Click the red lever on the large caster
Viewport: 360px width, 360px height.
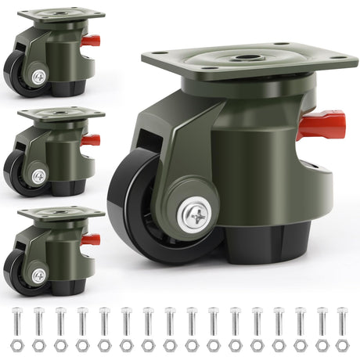[x=322, y=124]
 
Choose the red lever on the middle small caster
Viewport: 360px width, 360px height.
[x=91, y=140]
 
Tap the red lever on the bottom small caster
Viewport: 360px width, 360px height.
[x=91, y=239]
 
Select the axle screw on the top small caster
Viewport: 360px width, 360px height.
[x=38, y=76]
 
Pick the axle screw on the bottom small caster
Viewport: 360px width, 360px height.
[x=38, y=275]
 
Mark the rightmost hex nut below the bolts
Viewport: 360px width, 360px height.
[x=341, y=345]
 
